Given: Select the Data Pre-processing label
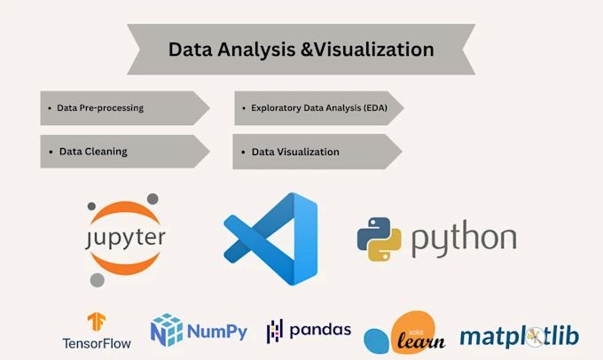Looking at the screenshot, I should tap(100, 108).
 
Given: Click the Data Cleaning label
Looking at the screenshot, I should tap(93, 152).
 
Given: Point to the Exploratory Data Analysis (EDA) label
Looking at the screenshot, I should tap(320, 108).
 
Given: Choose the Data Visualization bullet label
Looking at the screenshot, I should tap(295, 152).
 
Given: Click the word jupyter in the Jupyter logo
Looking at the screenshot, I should tap(125, 238).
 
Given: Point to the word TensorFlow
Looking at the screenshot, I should tap(97, 342).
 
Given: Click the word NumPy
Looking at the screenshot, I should tap(217, 332).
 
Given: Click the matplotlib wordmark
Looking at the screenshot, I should tap(519, 336).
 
